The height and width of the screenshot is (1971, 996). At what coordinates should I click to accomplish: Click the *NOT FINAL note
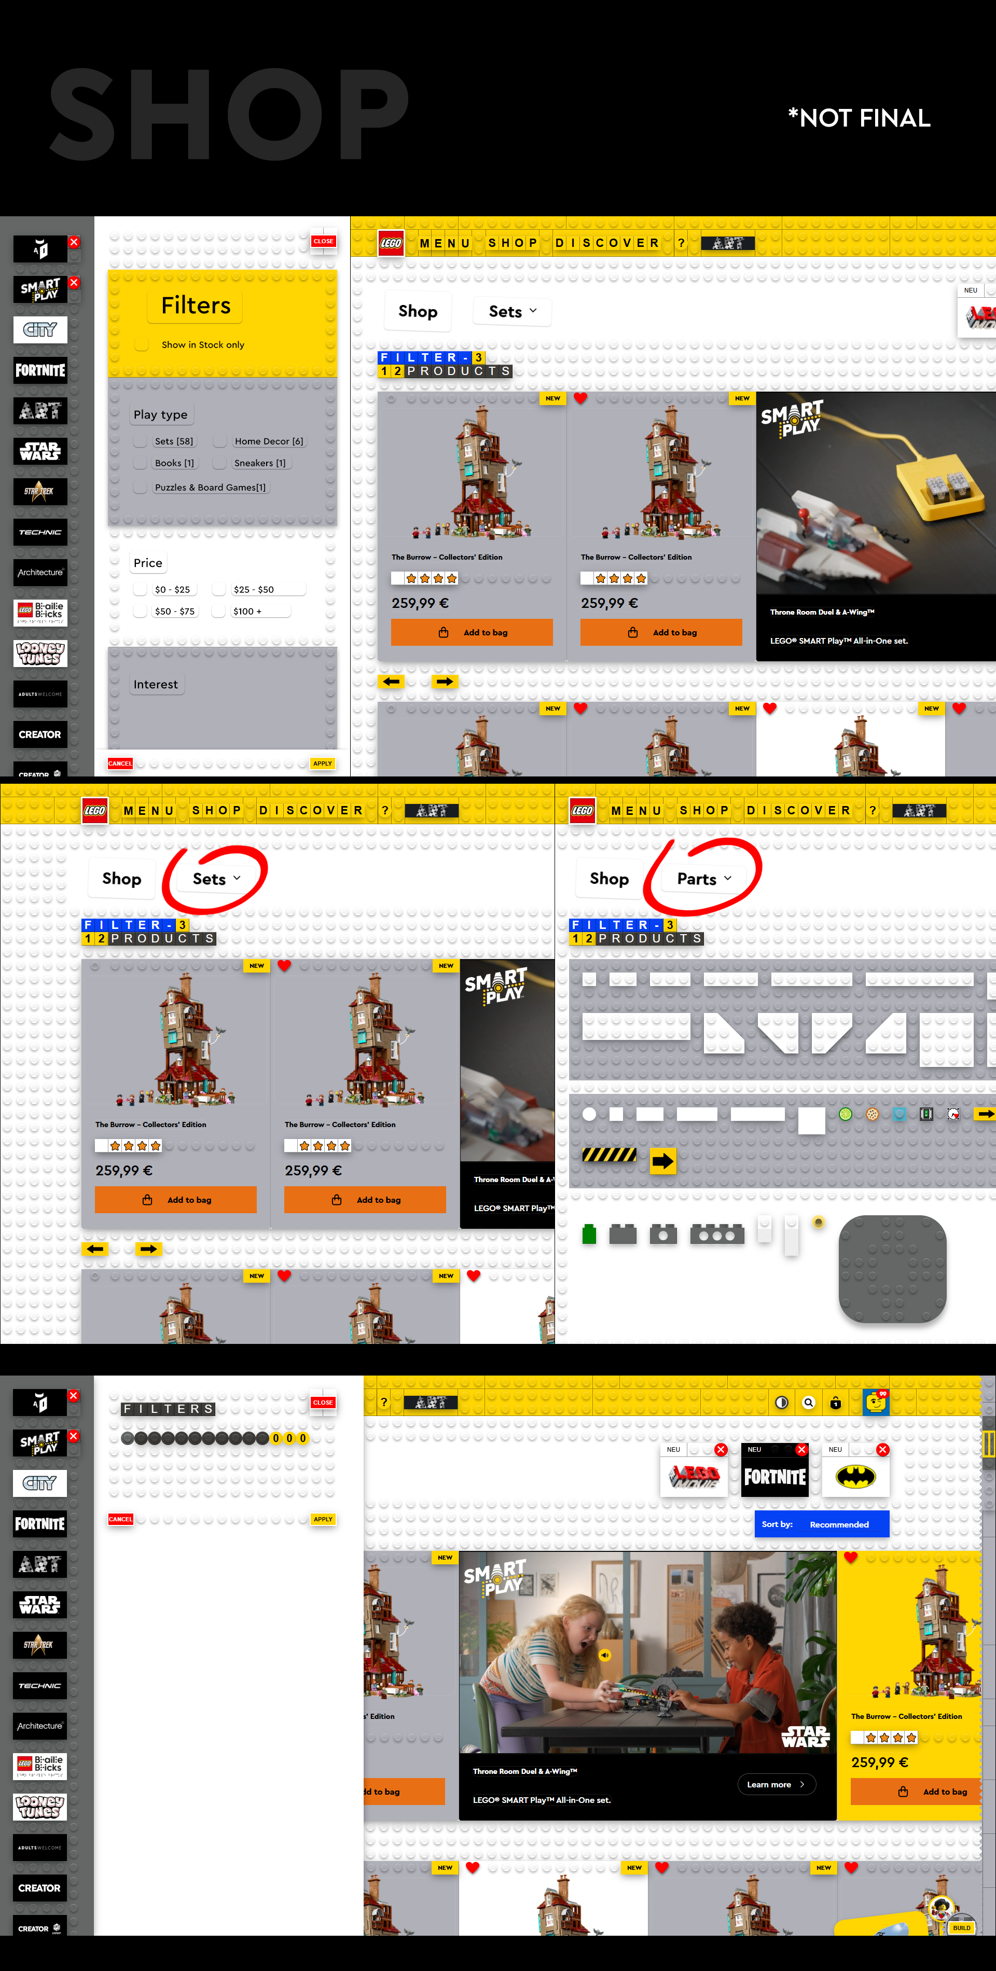pyautogui.click(x=859, y=118)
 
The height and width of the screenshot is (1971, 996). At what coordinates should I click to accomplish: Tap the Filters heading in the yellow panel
pyautogui.click(x=196, y=306)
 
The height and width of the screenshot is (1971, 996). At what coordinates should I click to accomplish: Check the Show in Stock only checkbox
pyautogui.click(x=142, y=344)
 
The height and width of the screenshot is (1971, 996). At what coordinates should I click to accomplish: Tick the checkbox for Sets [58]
pyautogui.click(x=141, y=441)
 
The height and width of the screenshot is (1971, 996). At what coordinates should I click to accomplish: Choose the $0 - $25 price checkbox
pyautogui.click(x=141, y=589)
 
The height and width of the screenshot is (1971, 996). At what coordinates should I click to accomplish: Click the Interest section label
pyautogui.click(x=155, y=684)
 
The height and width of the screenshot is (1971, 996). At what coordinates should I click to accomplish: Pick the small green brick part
pyautogui.click(x=589, y=1233)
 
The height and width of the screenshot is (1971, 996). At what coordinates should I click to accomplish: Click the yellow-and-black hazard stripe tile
pyautogui.click(x=609, y=1154)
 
